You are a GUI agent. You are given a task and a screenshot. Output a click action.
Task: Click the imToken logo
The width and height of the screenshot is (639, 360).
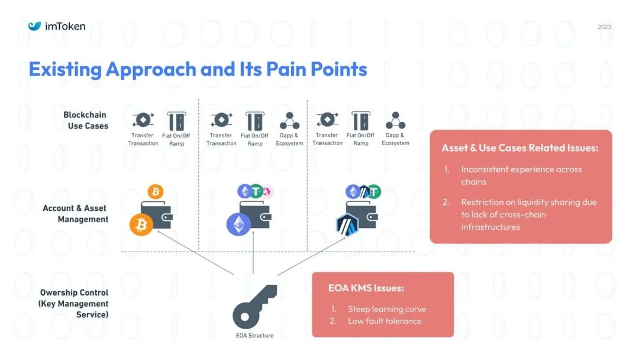coord(57,26)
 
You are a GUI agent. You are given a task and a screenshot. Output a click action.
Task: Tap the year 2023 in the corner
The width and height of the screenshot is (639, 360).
coord(604,27)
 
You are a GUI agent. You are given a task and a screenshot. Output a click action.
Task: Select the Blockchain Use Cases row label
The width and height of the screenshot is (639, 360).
coord(86,120)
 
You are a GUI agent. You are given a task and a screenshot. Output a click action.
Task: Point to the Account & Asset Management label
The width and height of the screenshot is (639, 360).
coord(75,214)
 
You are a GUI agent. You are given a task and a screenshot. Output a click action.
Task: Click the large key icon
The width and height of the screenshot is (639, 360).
coord(254,306)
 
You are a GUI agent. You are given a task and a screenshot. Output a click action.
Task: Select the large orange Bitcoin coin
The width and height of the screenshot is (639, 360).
coord(141,225)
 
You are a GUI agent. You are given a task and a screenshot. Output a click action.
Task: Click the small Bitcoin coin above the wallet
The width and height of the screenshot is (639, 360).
coord(156,191)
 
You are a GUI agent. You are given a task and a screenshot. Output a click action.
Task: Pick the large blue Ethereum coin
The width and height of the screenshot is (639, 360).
coord(238,224)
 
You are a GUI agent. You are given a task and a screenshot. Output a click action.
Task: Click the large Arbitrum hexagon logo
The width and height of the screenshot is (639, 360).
coord(348,225)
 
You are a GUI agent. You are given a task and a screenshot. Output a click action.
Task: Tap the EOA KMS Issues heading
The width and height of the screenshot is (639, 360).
coord(366,288)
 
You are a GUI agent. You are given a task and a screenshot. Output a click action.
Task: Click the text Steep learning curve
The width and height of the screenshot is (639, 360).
coord(386,309)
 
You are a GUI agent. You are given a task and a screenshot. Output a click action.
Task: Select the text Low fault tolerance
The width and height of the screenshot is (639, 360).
coord(385,321)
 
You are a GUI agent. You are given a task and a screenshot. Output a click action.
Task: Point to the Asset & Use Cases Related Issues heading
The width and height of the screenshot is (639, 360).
coord(520,148)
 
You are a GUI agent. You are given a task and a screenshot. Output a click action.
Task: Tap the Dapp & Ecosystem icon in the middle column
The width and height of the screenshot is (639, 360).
coord(289,121)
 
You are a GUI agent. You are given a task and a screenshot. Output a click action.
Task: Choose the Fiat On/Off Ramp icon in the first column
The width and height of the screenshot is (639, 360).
coord(176,121)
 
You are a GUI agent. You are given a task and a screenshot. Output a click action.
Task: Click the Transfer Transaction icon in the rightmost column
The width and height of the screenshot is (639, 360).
coord(327,120)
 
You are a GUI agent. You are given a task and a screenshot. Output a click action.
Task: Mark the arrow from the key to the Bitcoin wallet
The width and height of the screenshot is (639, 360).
coord(196,253)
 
